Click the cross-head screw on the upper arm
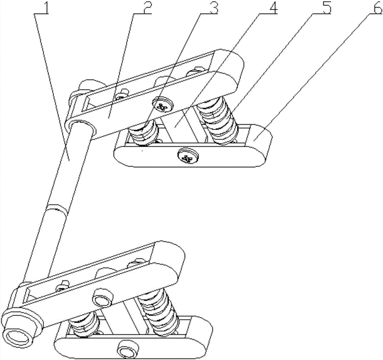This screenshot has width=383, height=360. [x=163, y=104]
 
